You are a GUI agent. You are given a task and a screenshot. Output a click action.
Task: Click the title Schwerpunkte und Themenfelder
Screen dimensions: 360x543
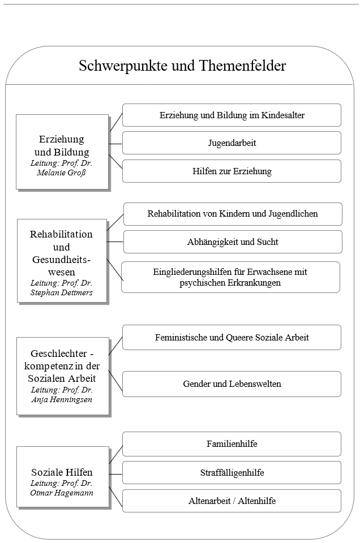[x=182, y=66]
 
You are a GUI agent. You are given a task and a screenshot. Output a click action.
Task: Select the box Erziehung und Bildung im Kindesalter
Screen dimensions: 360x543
[x=232, y=115]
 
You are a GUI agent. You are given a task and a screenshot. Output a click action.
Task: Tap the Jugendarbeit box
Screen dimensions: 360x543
[x=232, y=143]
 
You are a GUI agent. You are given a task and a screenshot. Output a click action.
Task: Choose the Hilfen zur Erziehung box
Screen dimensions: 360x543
[x=232, y=171]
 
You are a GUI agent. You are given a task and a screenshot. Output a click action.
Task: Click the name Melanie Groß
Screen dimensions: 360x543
[x=61, y=173]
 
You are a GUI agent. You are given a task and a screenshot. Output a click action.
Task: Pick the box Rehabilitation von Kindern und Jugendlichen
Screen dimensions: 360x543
[x=233, y=214]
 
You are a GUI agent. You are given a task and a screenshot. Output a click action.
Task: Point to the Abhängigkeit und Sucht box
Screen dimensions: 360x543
[x=233, y=242]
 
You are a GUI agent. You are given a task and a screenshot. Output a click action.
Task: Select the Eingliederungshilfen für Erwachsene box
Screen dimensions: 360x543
[x=230, y=277]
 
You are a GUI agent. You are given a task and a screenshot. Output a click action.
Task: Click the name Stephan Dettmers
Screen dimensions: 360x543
[x=61, y=292]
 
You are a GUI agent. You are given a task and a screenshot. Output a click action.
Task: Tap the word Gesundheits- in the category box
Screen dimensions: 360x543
[x=61, y=260]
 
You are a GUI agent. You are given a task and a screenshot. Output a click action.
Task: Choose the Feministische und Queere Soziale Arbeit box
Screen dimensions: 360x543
[x=232, y=337]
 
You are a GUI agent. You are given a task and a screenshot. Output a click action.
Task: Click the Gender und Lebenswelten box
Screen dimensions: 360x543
[x=232, y=384]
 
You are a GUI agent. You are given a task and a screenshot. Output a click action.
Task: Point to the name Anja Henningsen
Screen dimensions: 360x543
[x=62, y=400]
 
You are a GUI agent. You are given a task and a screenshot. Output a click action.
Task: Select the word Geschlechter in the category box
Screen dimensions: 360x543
[x=58, y=354]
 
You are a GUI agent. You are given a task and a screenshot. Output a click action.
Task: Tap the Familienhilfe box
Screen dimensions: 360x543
[x=232, y=444]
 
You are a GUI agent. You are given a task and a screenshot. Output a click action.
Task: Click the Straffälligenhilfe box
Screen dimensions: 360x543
[x=232, y=472]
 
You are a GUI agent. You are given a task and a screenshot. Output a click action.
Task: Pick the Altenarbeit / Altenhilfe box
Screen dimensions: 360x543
[x=232, y=501]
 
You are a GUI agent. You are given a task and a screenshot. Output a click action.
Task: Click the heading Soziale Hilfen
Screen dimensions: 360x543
[x=62, y=472]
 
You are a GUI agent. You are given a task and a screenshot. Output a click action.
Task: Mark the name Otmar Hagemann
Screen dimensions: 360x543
[x=62, y=493]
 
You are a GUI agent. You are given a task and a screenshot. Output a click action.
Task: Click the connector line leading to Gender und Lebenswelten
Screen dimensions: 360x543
[x=115, y=381]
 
